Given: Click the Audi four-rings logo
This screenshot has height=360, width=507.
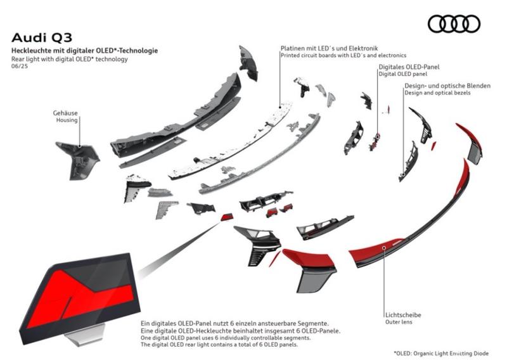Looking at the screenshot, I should point(454,24).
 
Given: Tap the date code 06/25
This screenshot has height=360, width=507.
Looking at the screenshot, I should point(20,67).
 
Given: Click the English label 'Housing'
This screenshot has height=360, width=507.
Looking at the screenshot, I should point(67,120).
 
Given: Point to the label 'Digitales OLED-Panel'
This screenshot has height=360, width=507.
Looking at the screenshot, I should point(409,66).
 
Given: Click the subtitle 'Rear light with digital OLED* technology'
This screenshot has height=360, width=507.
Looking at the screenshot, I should point(69,58).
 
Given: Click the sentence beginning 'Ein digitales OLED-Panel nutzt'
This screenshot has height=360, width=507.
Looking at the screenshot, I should point(235,323).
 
